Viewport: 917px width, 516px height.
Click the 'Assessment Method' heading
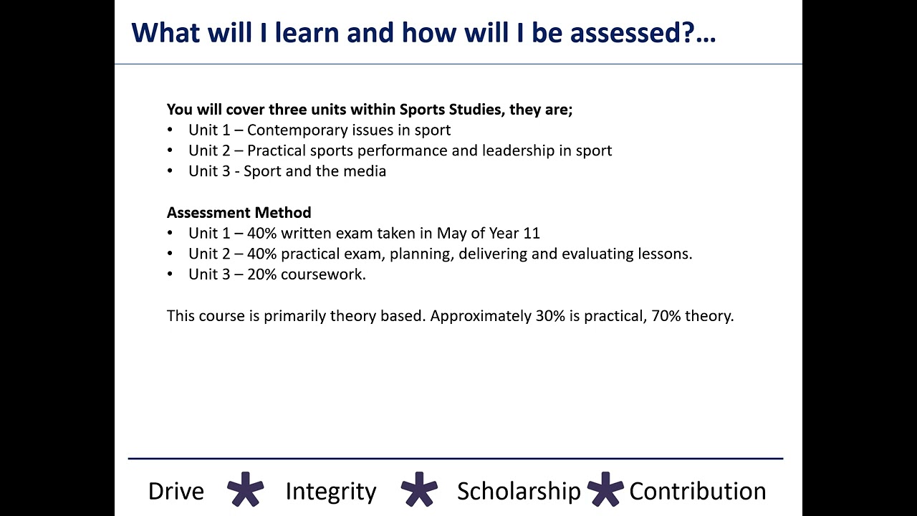coord(239,213)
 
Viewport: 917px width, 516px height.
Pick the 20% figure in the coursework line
coord(262,274)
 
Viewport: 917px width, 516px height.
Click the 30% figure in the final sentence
coord(550,316)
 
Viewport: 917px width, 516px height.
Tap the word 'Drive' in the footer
coord(176,491)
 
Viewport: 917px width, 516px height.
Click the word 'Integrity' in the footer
coord(331,492)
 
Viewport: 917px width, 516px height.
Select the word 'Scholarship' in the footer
coord(519,492)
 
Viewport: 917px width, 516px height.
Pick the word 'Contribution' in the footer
coord(698,491)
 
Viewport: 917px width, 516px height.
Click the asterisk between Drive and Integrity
coord(245,489)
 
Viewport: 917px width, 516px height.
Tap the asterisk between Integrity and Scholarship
coord(419,489)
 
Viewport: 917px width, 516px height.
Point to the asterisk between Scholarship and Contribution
coord(605,489)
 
